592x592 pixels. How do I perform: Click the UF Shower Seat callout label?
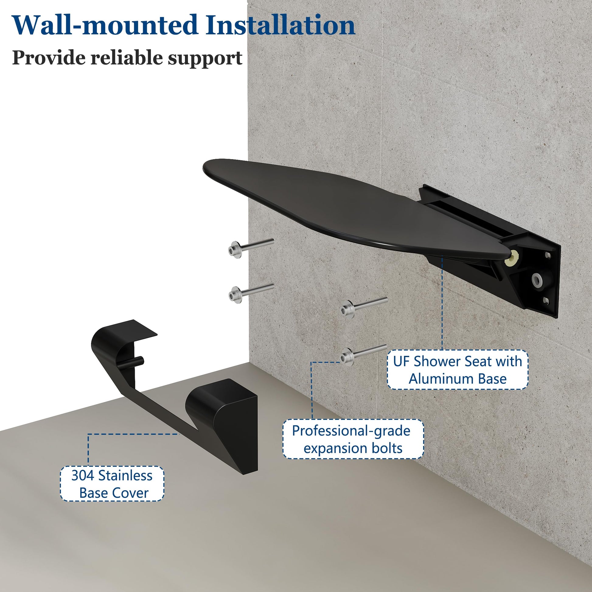click(458, 370)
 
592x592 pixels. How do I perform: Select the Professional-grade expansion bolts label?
click(353, 439)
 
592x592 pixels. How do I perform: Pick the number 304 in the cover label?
click(82, 475)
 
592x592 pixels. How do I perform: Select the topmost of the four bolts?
click(251, 248)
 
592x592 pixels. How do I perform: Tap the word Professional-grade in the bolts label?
click(351, 431)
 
